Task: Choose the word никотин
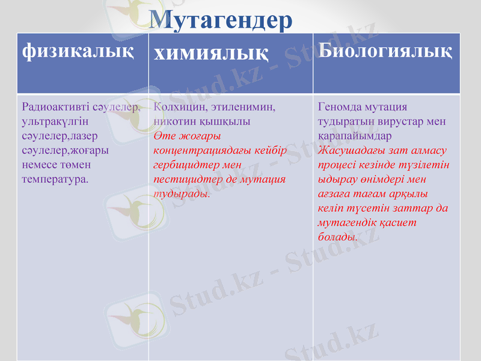tap(174, 121)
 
